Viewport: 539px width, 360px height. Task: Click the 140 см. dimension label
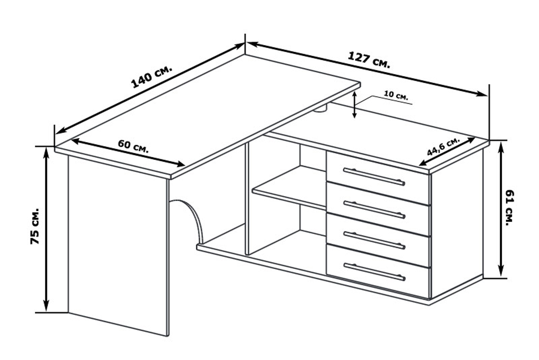[x=152, y=76]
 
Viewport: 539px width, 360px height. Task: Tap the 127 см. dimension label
[x=369, y=60]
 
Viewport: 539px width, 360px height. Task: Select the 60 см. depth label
[x=133, y=147]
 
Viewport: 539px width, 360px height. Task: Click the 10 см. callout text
[x=396, y=95]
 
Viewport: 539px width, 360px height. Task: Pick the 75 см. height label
[x=35, y=226]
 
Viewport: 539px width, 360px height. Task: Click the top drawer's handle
[x=374, y=177]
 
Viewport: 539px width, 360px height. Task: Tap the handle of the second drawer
[x=375, y=209]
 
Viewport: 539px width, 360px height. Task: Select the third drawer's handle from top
[x=375, y=240]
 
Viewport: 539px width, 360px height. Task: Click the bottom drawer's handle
[x=375, y=272]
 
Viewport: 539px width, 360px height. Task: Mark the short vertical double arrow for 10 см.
[x=354, y=105]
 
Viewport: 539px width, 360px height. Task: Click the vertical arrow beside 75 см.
[x=46, y=230]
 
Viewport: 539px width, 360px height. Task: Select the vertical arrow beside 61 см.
[x=501, y=209]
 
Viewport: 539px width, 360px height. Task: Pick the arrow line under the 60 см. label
[x=128, y=153]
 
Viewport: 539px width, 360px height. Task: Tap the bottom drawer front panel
[x=378, y=271]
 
